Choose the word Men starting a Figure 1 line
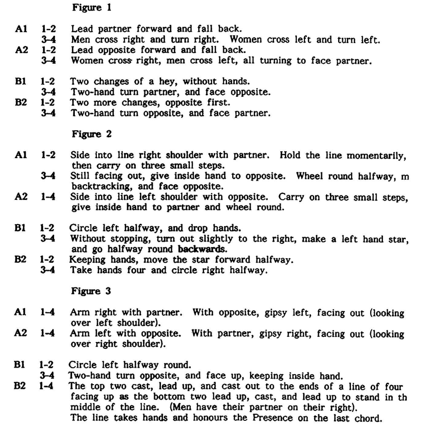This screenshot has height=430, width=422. tap(79, 40)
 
